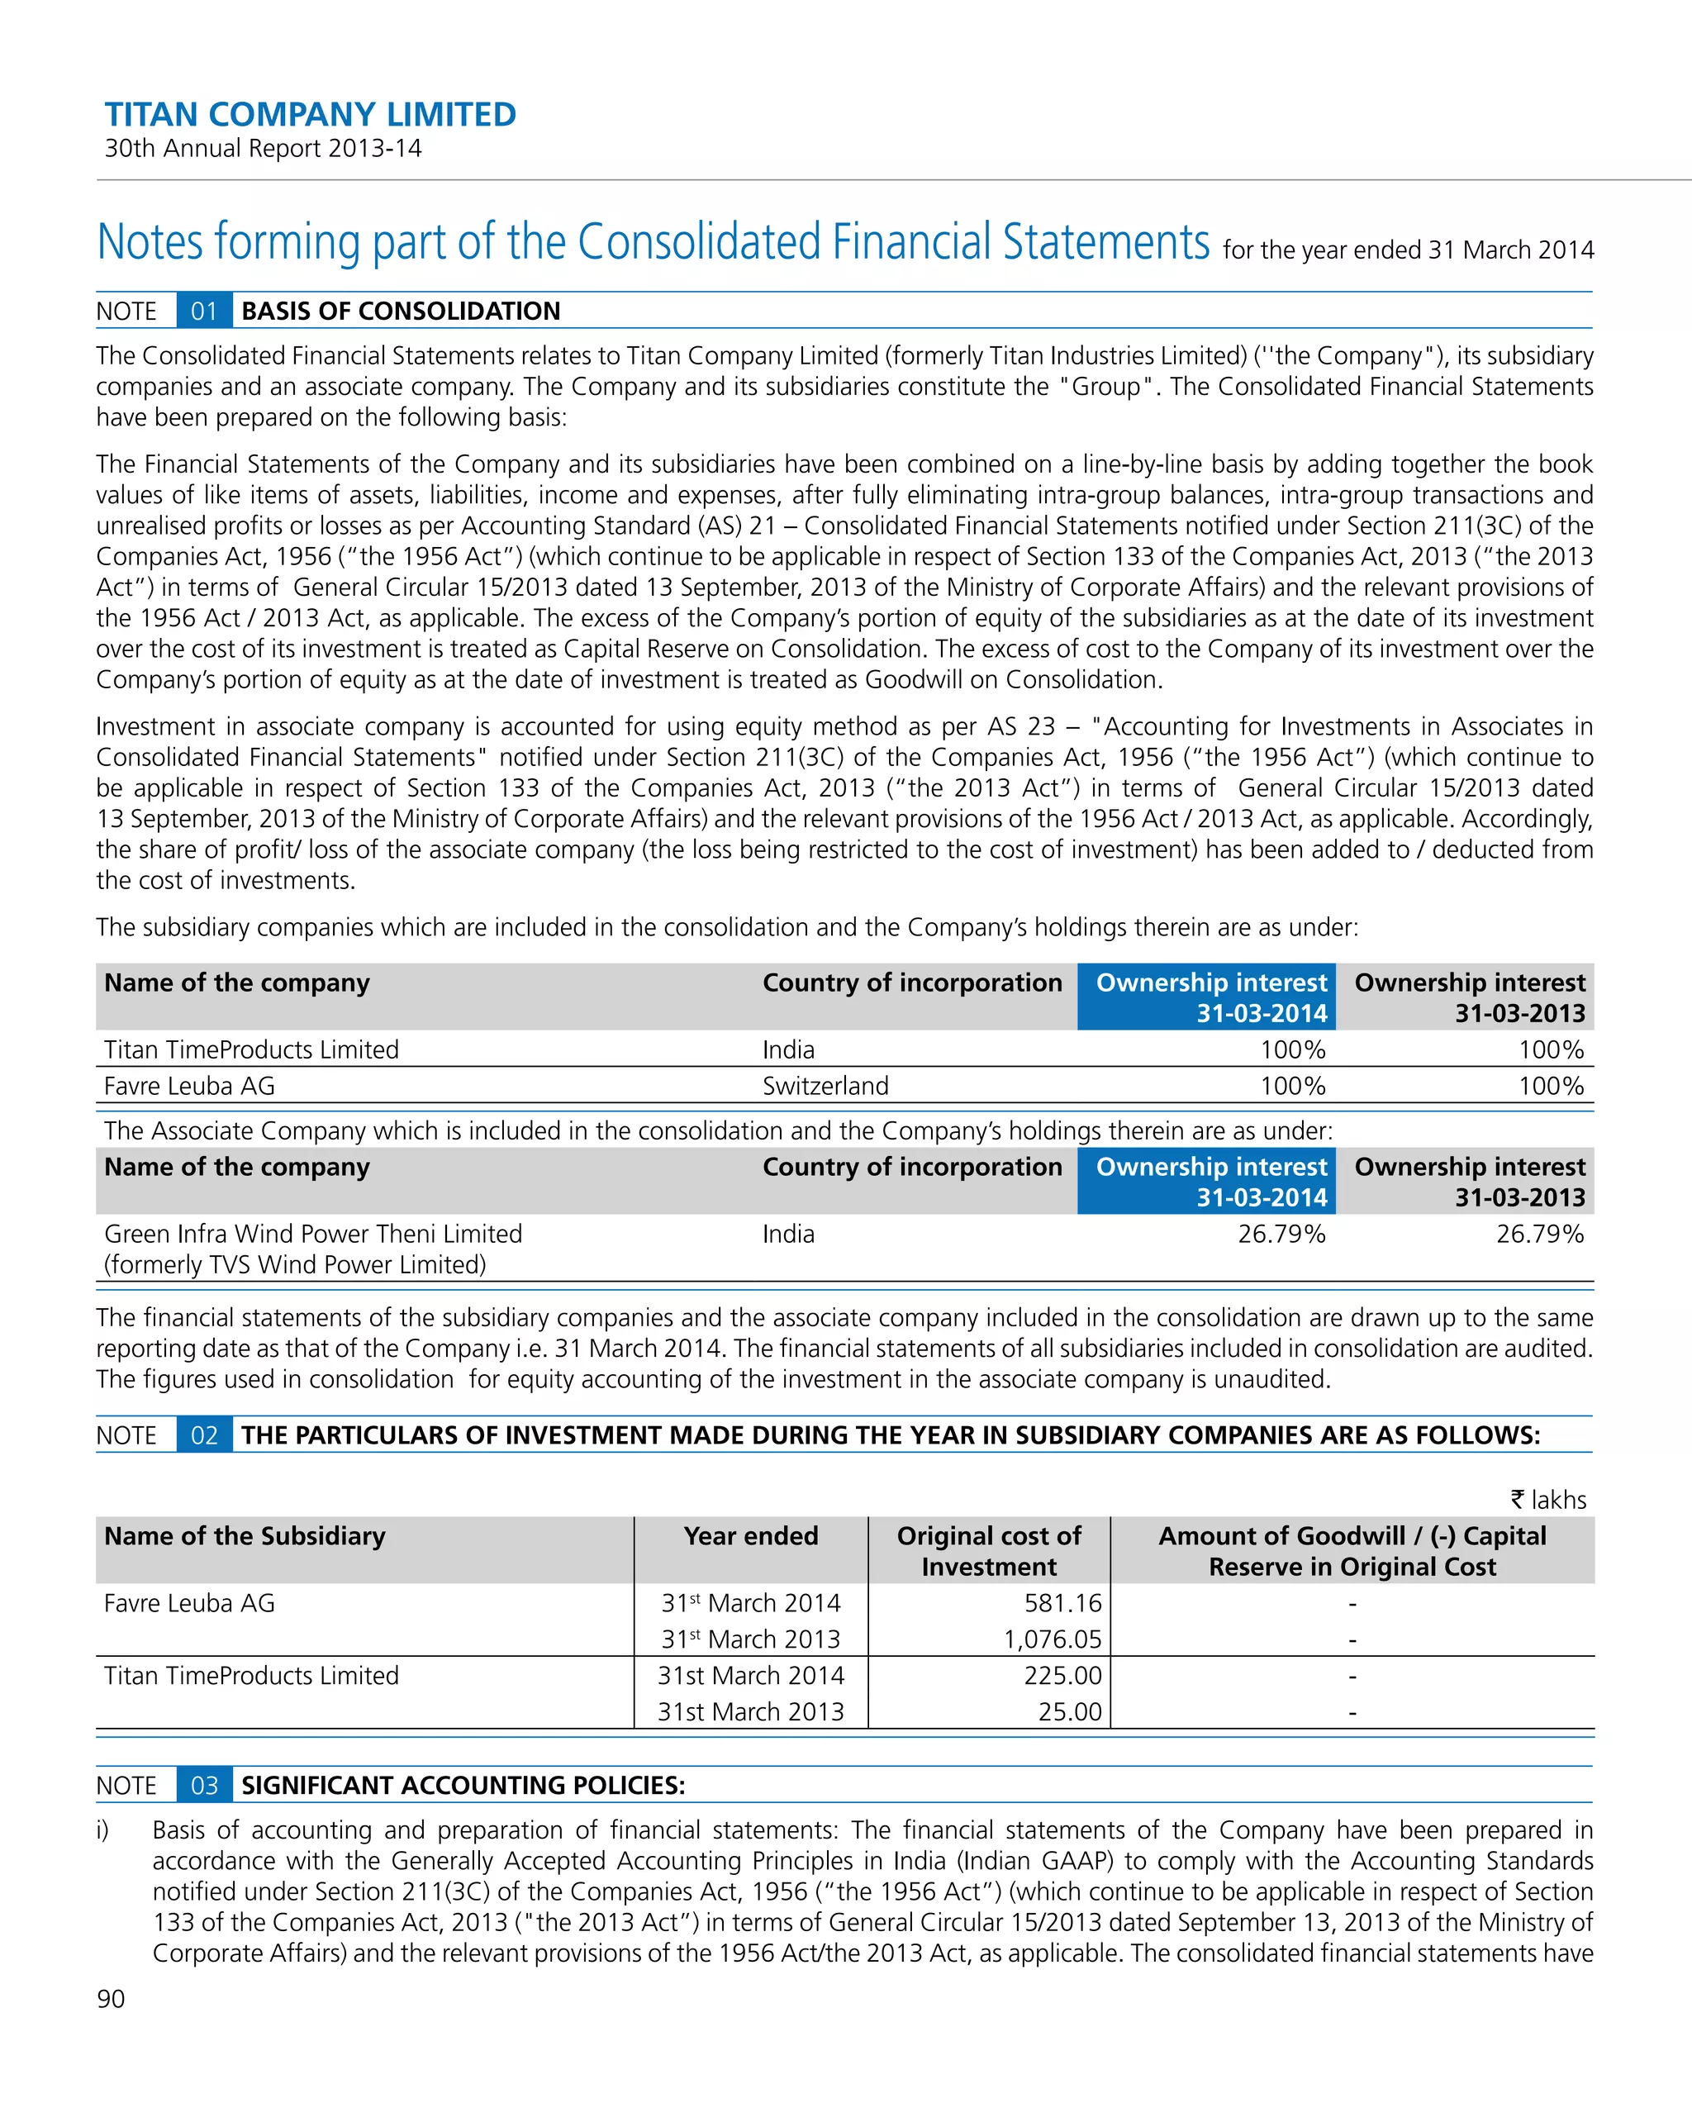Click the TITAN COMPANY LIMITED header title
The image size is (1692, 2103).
pyautogui.click(x=310, y=115)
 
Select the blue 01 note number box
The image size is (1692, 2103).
pyautogui.click(x=204, y=312)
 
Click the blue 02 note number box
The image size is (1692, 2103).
pyautogui.click(x=204, y=1435)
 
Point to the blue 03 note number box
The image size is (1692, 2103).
pyautogui.click(x=204, y=1785)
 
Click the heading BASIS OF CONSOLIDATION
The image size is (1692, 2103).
pyautogui.click(x=401, y=312)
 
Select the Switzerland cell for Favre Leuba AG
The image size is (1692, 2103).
pyautogui.click(x=825, y=1086)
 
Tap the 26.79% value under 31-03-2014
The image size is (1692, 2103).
pyautogui.click(x=1281, y=1234)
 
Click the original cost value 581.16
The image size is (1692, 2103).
pyautogui.click(x=1062, y=1602)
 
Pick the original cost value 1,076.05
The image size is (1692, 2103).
pyautogui.click(x=1053, y=1639)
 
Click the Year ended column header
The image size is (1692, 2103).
pyautogui.click(x=750, y=1536)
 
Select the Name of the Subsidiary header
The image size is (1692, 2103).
pyautogui.click(x=245, y=1536)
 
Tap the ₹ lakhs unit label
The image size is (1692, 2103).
pyautogui.click(x=1547, y=1499)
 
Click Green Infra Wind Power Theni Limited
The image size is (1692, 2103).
pyautogui.click(x=313, y=1234)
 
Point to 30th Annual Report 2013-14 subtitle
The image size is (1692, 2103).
pyautogui.click(x=264, y=148)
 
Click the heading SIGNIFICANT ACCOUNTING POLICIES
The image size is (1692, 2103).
pyautogui.click(x=463, y=1785)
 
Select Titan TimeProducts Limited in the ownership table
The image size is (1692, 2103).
pyautogui.click(x=252, y=1049)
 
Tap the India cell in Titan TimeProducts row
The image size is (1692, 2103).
pyautogui.click(x=788, y=1049)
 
